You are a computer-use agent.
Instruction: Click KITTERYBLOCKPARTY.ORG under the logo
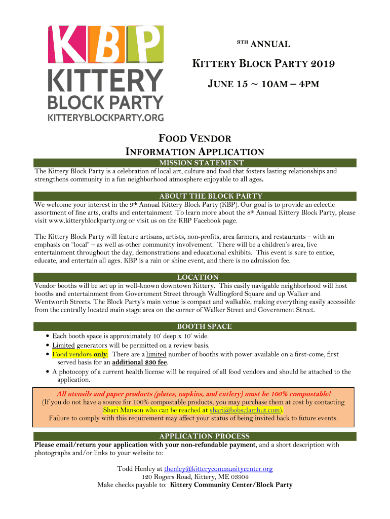[x=105, y=118]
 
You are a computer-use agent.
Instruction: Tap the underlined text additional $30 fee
[x=139, y=362]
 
